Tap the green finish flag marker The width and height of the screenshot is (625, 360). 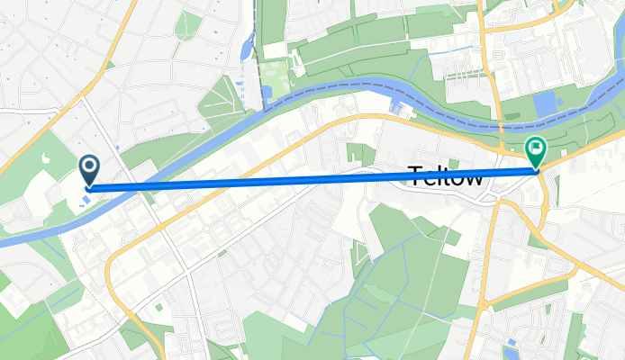click(x=536, y=149)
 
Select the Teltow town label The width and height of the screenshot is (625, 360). click(x=448, y=177)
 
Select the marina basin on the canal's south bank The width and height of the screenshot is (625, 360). click(x=397, y=108)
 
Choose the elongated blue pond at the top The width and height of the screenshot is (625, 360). click(x=247, y=45)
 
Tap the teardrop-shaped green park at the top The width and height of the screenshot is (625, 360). click(x=188, y=25)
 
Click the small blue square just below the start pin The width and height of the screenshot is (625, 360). click(x=84, y=200)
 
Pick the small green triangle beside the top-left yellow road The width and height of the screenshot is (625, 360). click(x=109, y=66)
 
